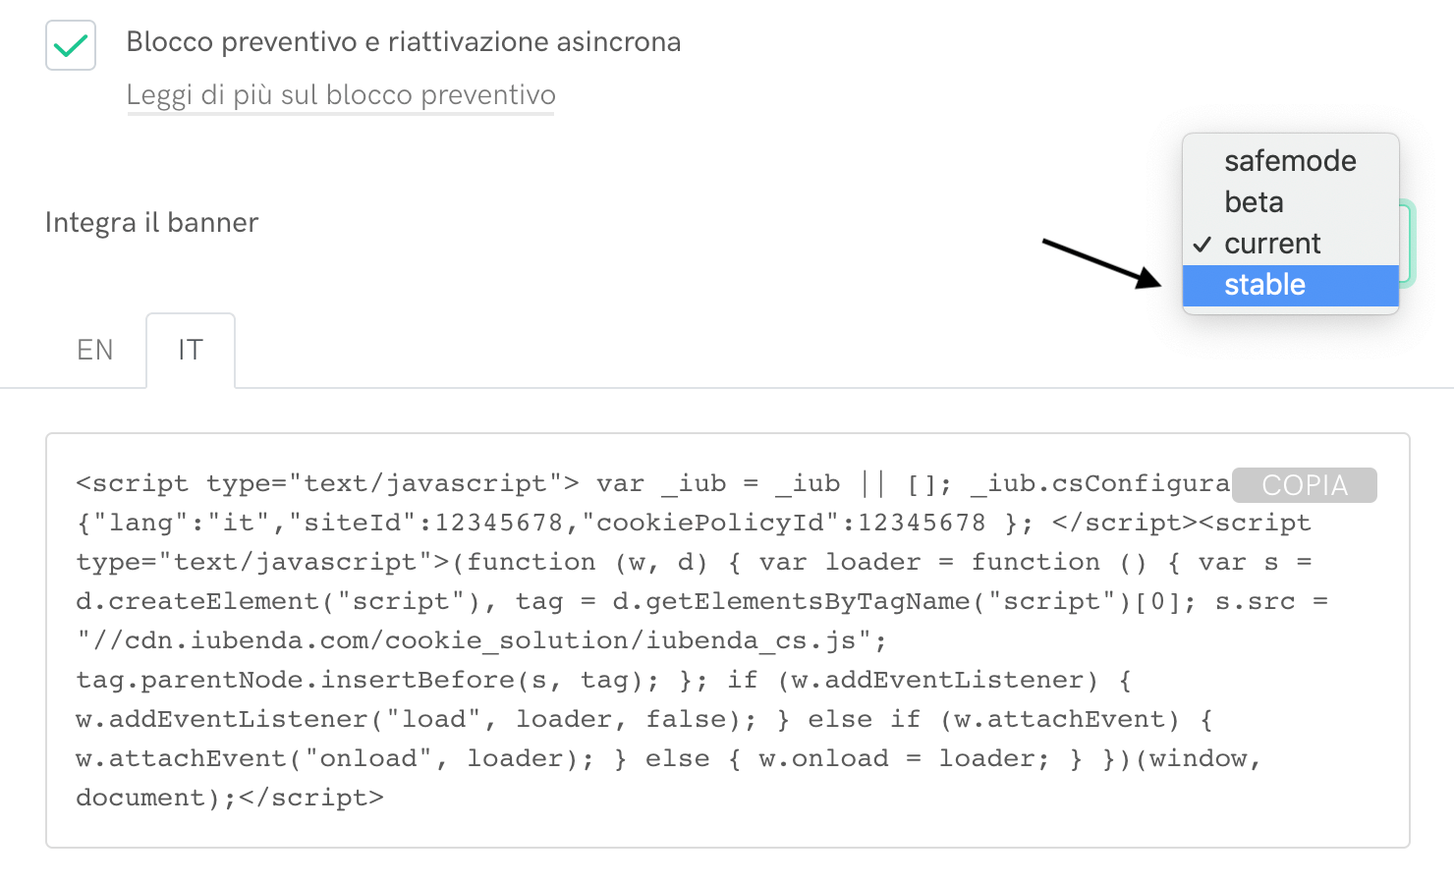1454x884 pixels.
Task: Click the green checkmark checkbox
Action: pos(71,45)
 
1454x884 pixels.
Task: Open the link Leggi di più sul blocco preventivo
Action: pos(341,95)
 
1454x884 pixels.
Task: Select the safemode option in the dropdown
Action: pos(1290,161)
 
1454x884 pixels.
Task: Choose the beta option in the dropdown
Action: pos(1254,202)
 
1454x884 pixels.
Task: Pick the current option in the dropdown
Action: pos(1272,244)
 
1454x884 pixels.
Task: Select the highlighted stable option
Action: pos(1264,285)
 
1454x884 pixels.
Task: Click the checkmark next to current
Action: pos(1202,245)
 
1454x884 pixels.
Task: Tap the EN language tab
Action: pos(95,350)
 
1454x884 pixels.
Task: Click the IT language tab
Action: pos(191,350)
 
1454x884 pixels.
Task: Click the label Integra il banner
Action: pos(152,223)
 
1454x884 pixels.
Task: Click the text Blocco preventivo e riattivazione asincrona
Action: pos(404,42)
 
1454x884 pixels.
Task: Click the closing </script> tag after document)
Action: pos(310,798)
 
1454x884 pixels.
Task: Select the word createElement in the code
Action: pos(214,601)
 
